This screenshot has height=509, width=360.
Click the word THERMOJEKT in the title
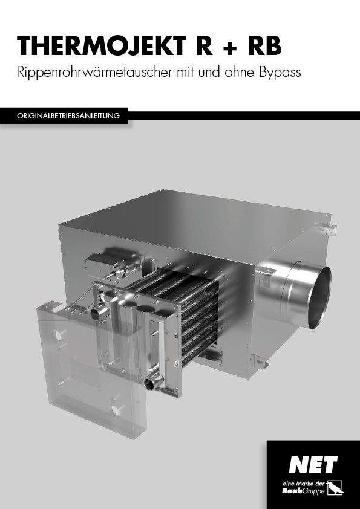click(x=102, y=47)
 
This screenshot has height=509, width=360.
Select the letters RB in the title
click(x=265, y=46)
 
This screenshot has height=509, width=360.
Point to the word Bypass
click(x=280, y=73)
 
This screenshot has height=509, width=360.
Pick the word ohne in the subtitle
click(x=240, y=72)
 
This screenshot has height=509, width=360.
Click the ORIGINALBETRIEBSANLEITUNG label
click(x=68, y=116)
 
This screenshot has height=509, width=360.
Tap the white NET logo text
click(x=313, y=464)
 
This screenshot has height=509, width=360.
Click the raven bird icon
click(x=335, y=488)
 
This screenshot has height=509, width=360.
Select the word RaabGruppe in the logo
click(x=303, y=491)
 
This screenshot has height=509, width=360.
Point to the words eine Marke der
click(x=303, y=484)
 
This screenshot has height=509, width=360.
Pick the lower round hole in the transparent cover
click(x=116, y=410)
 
